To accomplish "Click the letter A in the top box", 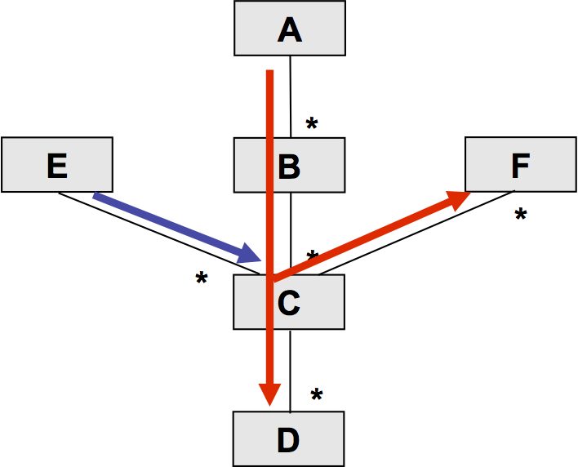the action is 290,30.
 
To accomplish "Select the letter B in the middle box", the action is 289,167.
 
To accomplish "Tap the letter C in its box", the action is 289,303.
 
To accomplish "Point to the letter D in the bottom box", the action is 288,440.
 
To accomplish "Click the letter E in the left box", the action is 57,166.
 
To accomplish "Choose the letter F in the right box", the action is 521,166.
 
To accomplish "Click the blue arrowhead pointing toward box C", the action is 249,253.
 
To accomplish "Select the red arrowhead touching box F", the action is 458,200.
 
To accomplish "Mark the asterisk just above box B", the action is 312,123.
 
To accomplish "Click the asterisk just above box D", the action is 317,394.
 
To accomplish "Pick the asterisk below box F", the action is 521,214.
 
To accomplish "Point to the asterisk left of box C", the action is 202,278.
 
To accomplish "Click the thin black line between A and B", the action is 291,96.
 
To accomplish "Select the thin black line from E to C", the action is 159,233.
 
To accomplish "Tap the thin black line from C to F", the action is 416,233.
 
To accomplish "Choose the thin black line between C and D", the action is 290,371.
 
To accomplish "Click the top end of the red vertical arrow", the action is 270,70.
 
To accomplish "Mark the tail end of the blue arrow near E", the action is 94,195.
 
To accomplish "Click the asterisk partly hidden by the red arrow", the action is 312,255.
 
